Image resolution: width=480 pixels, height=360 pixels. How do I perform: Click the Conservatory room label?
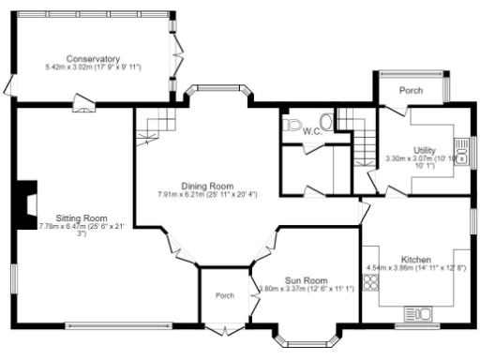pyautogui.click(x=92, y=58)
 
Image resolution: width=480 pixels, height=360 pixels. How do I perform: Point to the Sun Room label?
pyautogui.click(x=306, y=280)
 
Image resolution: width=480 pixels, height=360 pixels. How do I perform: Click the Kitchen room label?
pyautogui.click(x=415, y=259)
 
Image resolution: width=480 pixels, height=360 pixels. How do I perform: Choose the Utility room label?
pyautogui.click(x=425, y=150)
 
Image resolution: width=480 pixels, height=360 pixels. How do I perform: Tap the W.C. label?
pyautogui.click(x=312, y=131)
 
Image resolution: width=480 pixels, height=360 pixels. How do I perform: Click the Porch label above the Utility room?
pyautogui.click(x=411, y=91)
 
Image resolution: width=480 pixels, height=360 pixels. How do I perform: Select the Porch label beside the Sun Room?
pyautogui.click(x=225, y=295)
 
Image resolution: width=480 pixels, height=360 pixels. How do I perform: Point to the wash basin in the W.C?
pyautogui.click(x=326, y=121)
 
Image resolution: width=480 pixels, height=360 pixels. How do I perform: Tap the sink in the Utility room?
pyautogui.click(x=460, y=148)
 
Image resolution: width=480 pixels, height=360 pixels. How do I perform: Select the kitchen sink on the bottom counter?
pyautogui.click(x=415, y=313)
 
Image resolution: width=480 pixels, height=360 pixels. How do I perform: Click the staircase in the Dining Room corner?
pyautogui.click(x=154, y=127)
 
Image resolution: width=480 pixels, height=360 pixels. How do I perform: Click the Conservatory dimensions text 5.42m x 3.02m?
pyautogui.click(x=92, y=67)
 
